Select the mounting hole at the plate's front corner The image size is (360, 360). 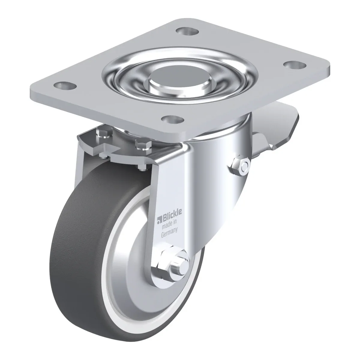pyautogui.click(x=173, y=119)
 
